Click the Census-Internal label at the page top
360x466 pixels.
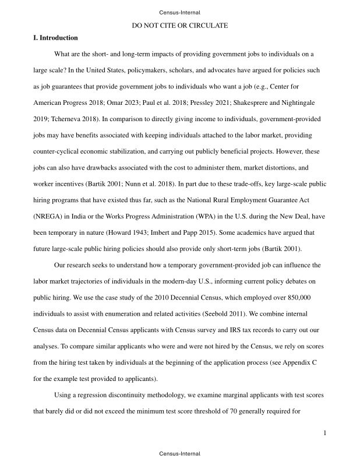pos(179,12)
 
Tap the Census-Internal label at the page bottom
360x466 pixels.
pos(179,453)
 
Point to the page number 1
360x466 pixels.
pos(324,433)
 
